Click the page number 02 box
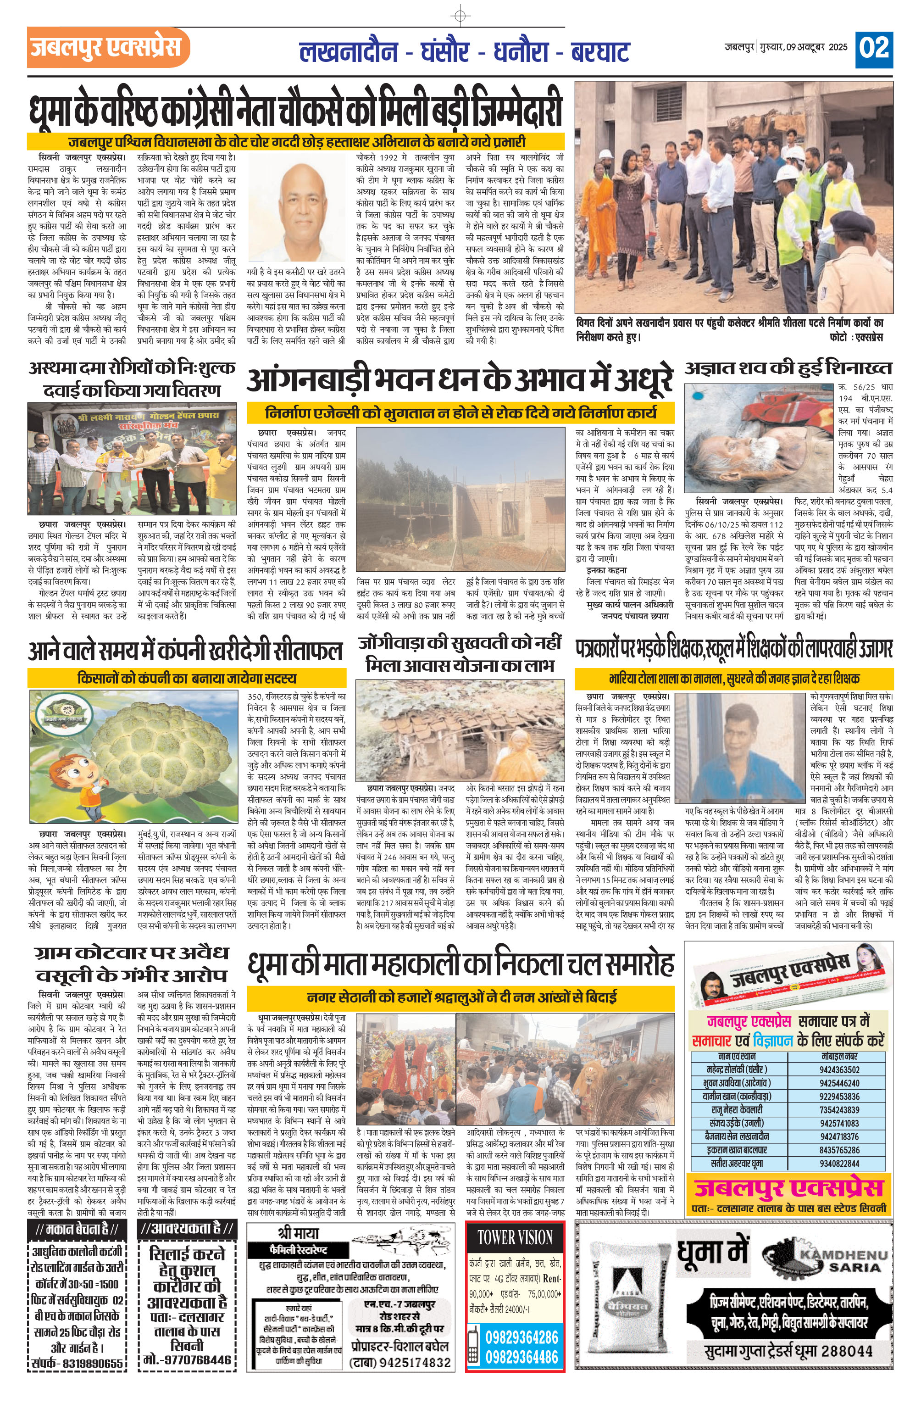tap(874, 49)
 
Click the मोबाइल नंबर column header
tap(840, 1056)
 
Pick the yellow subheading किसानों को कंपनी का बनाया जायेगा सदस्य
tap(187, 678)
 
